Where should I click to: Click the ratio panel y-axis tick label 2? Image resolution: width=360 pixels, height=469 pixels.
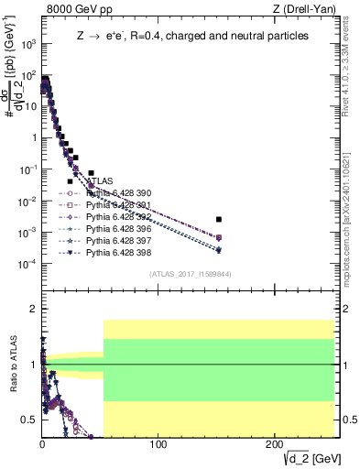(32, 310)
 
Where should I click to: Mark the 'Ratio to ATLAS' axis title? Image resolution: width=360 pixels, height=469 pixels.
(12, 365)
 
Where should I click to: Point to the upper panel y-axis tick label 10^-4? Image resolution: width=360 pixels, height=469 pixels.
(25, 265)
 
